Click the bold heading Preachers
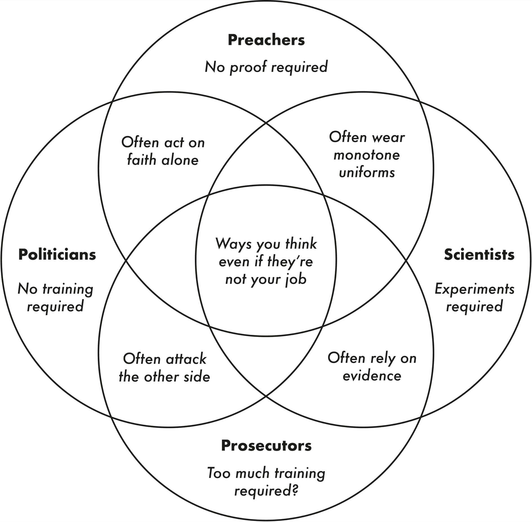coord(266,40)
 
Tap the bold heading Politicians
coord(57,255)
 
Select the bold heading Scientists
coord(479,255)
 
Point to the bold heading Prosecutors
coord(266,446)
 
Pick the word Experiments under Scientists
coord(474,289)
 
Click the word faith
coord(142,160)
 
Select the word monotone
coord(367,155)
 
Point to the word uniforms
coord(367,173)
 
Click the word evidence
coord(372,376)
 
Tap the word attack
coord(186,359)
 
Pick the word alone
coord(180,160)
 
